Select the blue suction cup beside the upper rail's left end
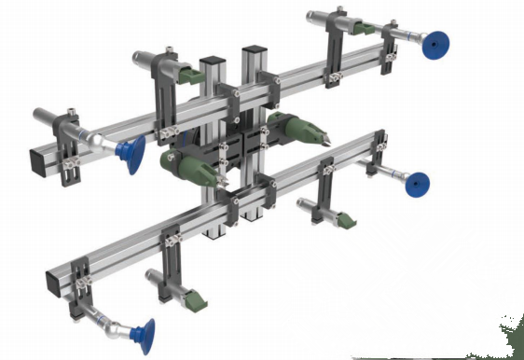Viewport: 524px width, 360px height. click(131, 151)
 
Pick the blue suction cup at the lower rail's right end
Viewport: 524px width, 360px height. click(416, 184)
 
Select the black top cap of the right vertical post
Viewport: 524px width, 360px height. click(255, 48)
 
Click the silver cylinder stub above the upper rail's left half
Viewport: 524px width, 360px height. click(140, 58)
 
